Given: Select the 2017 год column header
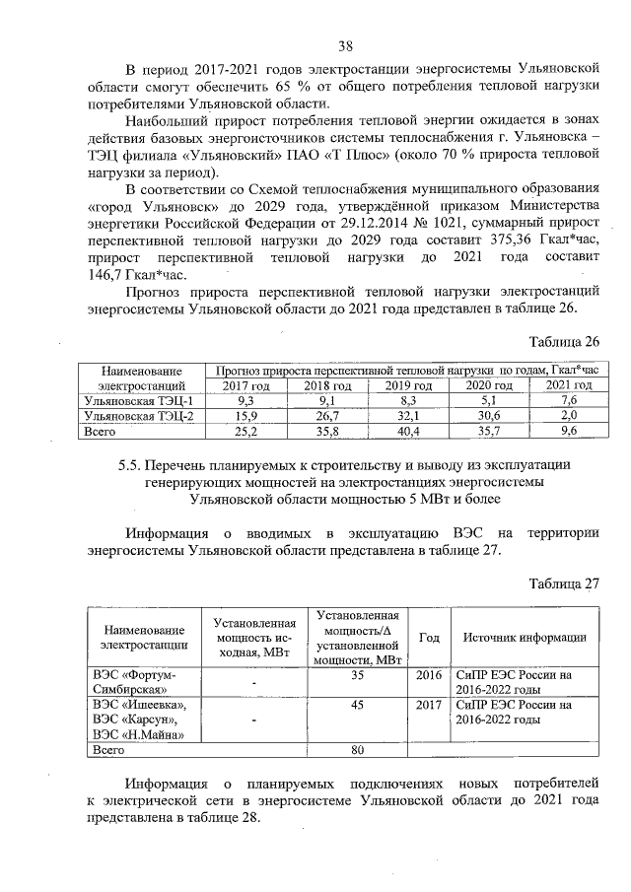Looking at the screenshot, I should pyautogui.click(x=246, y=385).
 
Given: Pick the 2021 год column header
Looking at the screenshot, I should pyautogui.click(x=567, y=385).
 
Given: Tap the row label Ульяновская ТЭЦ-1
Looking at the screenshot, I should pyautogui.click(x=138, y=401).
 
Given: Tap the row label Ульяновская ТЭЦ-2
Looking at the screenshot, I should pyautogui.click(x=138, y=416).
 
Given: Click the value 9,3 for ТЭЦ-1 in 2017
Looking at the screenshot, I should pyautogui.click(x=246, y=401).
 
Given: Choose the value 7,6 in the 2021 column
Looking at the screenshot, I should pyautogui.click(x=567, y=401).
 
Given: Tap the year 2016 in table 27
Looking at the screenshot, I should pyautogui.click(x=429, y=675).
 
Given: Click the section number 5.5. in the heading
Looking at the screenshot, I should pyautogui.click(x=128, y=463).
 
